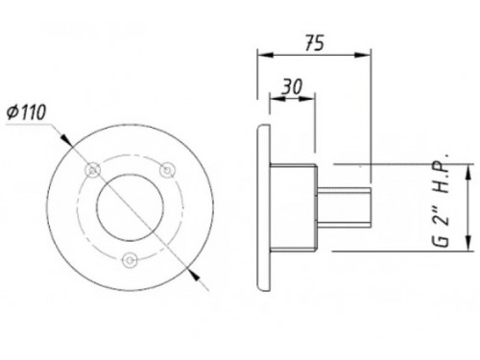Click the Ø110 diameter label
[x=27, y=112]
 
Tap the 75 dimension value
[x=315, y=43]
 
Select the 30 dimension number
[x=292, y=86]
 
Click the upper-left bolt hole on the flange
[x=93, y=170]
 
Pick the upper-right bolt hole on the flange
[x=167, y=169]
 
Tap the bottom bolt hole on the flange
[x=130, y=260]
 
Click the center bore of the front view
[x=131, y=208]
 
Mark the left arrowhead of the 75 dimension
[x=266, y=55]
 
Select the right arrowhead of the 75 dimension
[x=363, y=55]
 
